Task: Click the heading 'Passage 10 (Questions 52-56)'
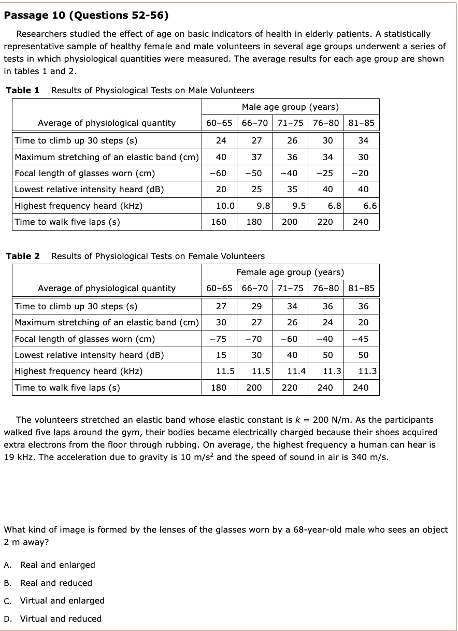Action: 86,15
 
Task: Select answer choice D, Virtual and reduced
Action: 61,619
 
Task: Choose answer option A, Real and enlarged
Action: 58,565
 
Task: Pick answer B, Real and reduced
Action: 56,583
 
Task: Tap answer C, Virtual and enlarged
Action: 62,600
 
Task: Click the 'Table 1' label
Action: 23,91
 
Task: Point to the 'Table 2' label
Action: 23,256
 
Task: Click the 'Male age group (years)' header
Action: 290,107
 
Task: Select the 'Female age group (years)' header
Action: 290,272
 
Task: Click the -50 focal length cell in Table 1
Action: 253,173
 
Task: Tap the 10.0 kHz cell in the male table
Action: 225,206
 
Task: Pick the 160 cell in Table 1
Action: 219,222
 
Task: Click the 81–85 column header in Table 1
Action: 361,123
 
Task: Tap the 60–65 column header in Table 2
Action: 219,289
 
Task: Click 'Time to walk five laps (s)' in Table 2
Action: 67,388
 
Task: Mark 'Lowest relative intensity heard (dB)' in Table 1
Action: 89,189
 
